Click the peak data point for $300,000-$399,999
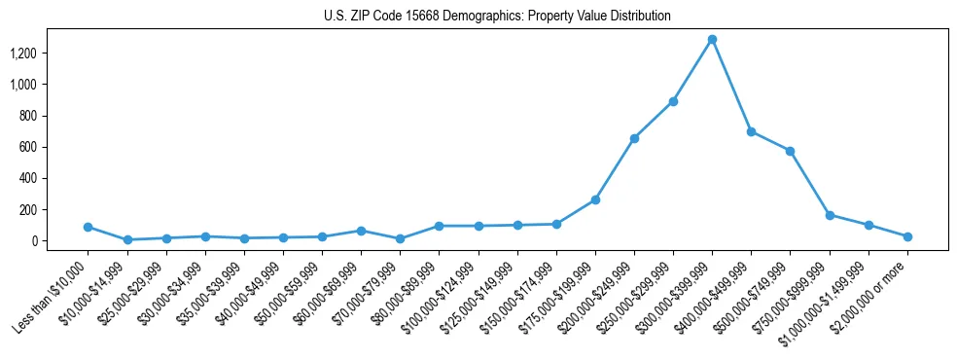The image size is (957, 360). click(x=712, y=40)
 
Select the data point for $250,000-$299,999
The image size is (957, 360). click(x=673, y=101)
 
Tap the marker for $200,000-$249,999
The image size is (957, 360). click(x=634, y=138)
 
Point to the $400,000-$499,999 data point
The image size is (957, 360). click(x=751, y=131)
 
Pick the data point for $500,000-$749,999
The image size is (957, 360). click(x=790, y=151)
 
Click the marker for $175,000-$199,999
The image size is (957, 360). click(x=595, y=199)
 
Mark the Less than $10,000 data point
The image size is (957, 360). click(x=89, y=227)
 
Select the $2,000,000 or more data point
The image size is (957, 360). click(x=907, y=236)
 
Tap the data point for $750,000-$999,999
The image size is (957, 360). click(x=830, y=215)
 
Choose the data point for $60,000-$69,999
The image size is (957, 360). click(x=361, y=231)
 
